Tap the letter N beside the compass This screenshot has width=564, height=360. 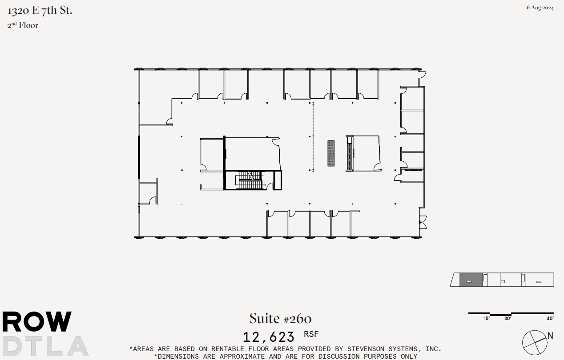550,336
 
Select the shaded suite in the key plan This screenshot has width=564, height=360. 471,280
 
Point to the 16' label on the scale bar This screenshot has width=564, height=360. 487,318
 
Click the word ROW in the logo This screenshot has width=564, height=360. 36,322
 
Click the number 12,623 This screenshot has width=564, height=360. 269,337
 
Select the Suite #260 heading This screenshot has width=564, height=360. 280,319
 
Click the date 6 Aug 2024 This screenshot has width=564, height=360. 540,8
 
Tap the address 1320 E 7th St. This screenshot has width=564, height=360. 40,11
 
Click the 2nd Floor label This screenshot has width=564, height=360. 23,25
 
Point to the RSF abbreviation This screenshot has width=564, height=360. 311,334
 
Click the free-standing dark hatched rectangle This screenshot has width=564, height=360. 331,153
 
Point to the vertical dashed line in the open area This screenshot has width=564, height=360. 313,137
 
